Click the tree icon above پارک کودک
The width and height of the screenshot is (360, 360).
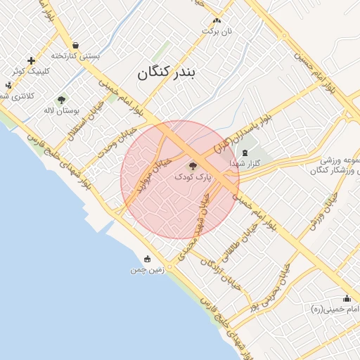[193, 166]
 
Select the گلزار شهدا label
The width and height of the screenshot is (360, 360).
[245, 163]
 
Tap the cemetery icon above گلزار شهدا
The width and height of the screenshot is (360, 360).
[245, 153]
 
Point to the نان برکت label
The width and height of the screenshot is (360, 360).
[217, 31]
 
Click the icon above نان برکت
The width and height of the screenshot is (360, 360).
[217, 20]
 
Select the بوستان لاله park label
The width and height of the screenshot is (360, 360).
[62, 110]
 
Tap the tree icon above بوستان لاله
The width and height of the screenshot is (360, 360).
[61, 100]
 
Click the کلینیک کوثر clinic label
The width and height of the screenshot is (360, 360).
[29, 71]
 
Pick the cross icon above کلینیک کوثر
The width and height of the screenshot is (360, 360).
[31, 60]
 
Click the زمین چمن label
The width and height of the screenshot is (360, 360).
[147, 269]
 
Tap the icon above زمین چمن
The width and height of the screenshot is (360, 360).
[147, 259]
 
